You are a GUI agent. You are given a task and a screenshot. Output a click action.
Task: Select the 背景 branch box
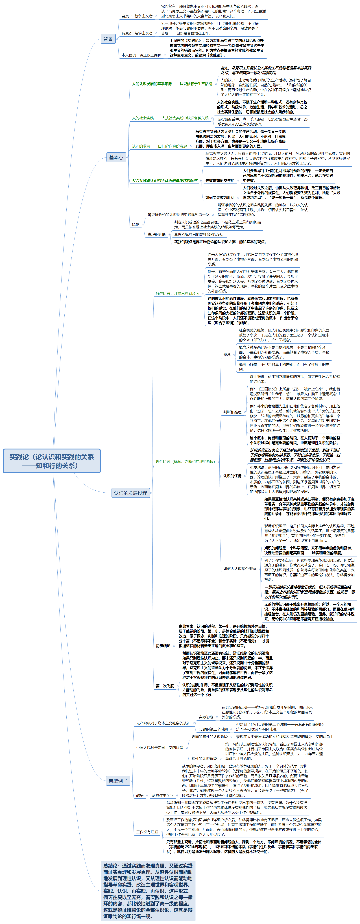click(x=108, y=39)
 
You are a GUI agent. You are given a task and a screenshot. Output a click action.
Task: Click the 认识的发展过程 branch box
click(x=130, y=493)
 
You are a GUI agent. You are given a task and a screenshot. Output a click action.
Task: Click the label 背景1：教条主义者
click(x=137, y=16)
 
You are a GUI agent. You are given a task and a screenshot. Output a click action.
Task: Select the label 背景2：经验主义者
click(x=137, y=33)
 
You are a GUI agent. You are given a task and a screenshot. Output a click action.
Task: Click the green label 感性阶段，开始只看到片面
click(x=178, y=293)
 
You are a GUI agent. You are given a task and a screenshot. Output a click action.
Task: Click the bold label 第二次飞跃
click(x=165, y=686)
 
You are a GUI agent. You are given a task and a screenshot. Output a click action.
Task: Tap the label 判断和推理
click(x=232, y=412)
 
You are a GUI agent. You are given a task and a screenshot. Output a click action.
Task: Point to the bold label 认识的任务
click(x=232, y=476)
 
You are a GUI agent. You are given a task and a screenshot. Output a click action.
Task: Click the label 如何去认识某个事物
click(x=239, y=569)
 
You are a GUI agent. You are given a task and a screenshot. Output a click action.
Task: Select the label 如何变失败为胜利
click(x=220, y=198)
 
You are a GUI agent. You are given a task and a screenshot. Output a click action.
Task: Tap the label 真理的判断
click(x=157, y=235)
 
